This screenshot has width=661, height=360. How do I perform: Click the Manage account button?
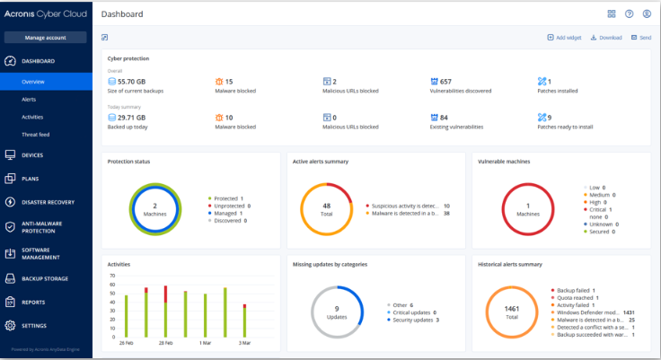tap(46, 38)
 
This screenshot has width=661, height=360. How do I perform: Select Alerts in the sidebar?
tap(29, 99)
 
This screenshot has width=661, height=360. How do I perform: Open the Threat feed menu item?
tap(35, 135)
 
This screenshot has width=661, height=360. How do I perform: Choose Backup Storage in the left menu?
tap(46, 279)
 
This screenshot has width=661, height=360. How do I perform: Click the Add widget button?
tap(564, 38)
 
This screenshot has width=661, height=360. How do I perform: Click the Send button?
tap(640, 38)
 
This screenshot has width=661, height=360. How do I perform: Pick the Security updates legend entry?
tap(412, 320)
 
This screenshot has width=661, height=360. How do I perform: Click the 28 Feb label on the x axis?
tap(167, 343)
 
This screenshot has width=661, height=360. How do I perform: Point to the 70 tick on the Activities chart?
tap(112, 276)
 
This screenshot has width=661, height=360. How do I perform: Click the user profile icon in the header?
tap(646, 14)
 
